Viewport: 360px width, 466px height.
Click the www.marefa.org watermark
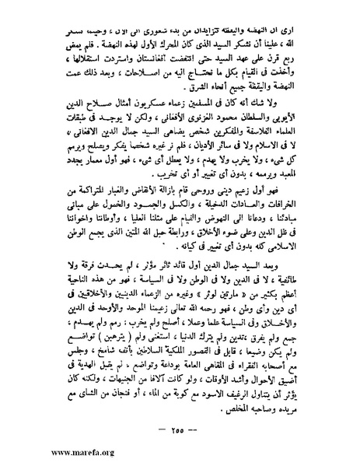(x=36, y=454)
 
